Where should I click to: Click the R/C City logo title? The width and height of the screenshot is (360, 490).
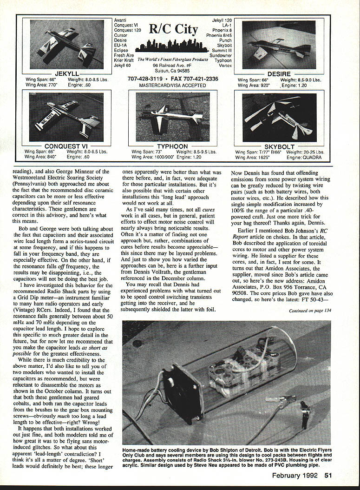(173, 29)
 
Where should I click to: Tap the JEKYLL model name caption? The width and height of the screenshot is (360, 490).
(67, 74)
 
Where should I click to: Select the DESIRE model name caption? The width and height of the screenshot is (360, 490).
(279, 74)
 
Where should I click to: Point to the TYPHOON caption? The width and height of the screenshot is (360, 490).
(172, 146)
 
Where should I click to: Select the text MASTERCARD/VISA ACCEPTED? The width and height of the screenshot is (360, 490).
(172, 86)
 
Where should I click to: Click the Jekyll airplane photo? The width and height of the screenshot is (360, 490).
(67, 45)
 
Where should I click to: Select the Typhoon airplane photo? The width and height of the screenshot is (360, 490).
(172, 117)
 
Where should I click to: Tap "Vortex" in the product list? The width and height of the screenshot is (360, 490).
(225, 66)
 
